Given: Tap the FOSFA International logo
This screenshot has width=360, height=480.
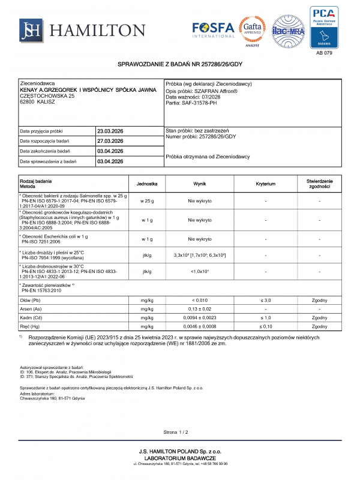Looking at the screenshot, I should (214, 29).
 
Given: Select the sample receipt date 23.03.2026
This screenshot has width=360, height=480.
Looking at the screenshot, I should (110, 131).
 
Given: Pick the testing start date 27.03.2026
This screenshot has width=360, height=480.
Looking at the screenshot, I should (110, 141).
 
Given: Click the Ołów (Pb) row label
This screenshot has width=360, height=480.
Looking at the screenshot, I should (31, 299).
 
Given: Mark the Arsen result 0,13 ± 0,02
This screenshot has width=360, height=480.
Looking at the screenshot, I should (200, 308).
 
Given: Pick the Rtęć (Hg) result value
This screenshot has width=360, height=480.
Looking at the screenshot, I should (200, 326).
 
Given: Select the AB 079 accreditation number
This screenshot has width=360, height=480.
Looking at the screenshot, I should (323, 53).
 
